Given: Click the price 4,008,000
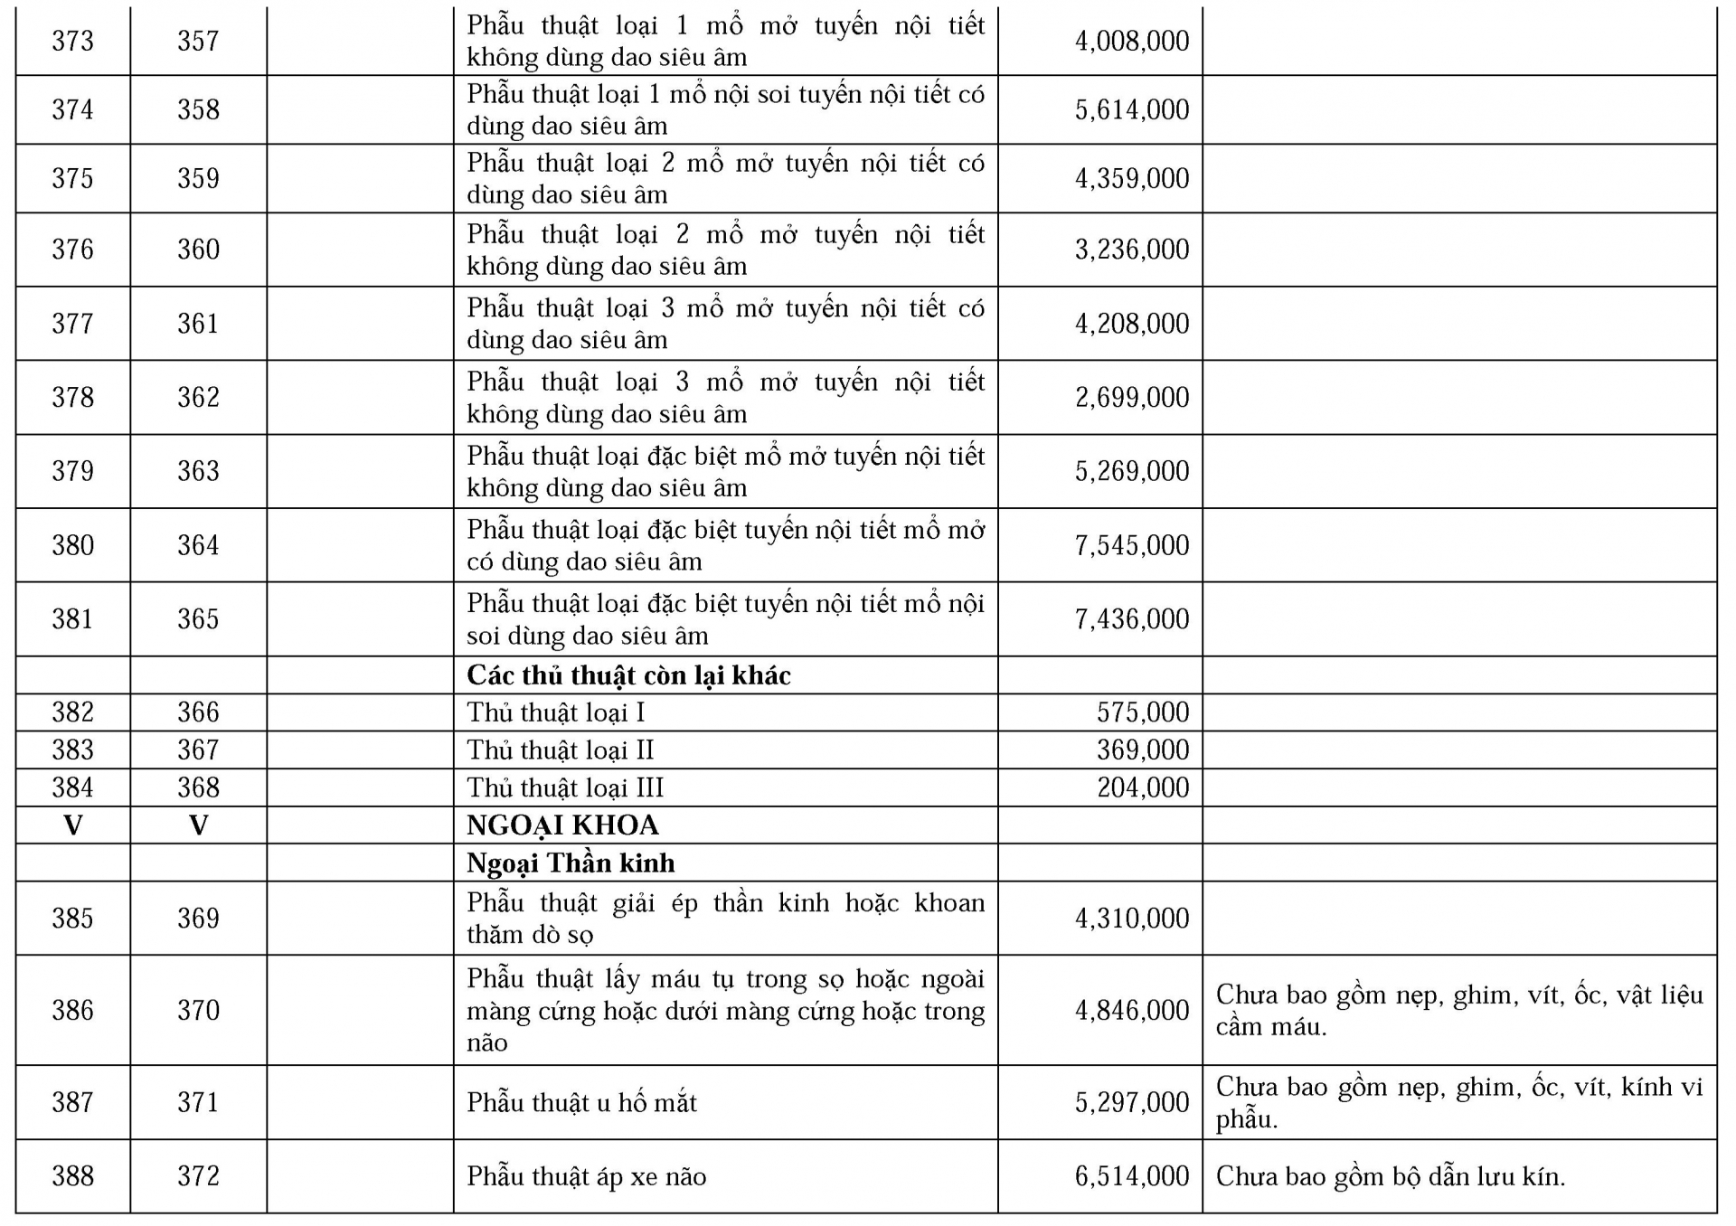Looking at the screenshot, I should [1131, 41].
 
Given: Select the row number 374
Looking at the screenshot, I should [72, 109].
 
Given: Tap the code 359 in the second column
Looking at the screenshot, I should [198, 178].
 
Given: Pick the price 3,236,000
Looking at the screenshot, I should [1131, 250].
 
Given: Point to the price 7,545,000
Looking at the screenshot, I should [1131, 545].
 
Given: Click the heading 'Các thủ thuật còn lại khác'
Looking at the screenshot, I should [628, 675].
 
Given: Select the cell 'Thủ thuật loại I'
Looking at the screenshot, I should [555, 712].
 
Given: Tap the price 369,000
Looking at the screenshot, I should [1143, 750].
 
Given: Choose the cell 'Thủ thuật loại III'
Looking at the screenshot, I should [565, 787].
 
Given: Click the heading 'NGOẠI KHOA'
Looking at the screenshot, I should [562, 825].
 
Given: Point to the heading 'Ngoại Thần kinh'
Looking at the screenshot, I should [571, 863].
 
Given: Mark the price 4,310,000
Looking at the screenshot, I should [1131, 919].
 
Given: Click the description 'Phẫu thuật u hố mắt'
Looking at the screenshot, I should [581, 1103].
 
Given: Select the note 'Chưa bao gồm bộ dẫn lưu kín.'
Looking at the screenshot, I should [1390, 1176].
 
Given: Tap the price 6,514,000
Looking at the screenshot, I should [1131, 1176].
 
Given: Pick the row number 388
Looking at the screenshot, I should [72, 1176].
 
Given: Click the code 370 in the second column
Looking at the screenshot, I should [198, 1010].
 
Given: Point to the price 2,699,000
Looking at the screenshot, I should [1131, 397].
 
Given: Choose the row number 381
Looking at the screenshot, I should [72, 619].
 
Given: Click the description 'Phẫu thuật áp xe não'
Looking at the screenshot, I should [586, 1176].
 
